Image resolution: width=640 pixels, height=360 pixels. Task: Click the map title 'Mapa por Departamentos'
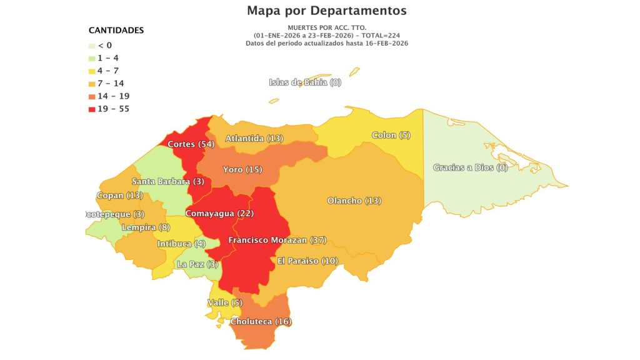click(x=326, y=11)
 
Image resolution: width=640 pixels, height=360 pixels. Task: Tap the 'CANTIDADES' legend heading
click(x=116, y=30)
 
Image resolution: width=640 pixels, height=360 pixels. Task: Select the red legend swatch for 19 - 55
click(x=92, y=109)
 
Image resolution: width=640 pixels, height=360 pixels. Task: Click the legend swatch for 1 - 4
click(x=92, y=58)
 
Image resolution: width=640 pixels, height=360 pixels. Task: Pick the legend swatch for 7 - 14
click(x=92, y=84)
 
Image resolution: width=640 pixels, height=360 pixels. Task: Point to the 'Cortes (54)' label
click(x=191, y=144)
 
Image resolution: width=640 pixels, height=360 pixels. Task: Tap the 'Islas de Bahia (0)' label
click(x=305, y=82)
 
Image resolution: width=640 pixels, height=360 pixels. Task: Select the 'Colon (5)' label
click(x=391, y=135)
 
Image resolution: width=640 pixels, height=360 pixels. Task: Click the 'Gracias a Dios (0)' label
click(x=471, y=167)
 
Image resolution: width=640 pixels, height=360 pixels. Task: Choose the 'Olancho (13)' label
click(x=354, y=201)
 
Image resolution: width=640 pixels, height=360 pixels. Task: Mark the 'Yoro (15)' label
click(x=242, y=169)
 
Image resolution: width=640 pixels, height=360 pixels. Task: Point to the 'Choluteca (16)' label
click(x=261, y=321)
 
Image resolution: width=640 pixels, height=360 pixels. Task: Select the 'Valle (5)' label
click(x=224, y=303)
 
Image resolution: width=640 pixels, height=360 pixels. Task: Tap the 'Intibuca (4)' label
click(x=181, y=243)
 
